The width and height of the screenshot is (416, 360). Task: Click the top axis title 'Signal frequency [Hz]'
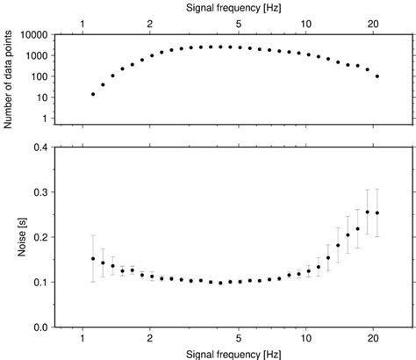(233, 7)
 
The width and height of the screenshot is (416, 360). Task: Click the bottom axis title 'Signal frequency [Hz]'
(233, 353)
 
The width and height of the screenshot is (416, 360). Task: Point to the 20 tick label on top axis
(373, 22)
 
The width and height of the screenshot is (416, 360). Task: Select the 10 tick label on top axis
(305, 22)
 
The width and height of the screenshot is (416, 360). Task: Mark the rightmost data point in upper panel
(377, 76)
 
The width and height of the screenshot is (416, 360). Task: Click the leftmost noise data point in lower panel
(93, 259)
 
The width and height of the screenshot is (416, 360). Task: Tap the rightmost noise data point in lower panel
(377, 212)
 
